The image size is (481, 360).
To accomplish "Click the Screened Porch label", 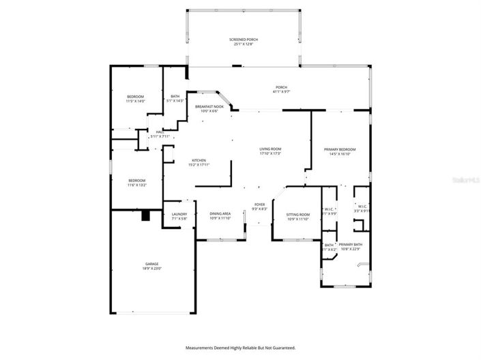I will pos(243,40).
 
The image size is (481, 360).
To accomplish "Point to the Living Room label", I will pos(270,149).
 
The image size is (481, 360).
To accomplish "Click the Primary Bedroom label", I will pos(339,149).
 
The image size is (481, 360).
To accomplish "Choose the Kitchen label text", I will pos(199,160).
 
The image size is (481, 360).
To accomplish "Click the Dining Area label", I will pos(220,214).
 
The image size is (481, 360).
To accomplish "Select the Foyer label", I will pos(259,205).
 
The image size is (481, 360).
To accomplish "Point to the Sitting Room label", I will pos(299,215).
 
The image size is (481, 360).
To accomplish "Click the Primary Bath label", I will pos(350,244).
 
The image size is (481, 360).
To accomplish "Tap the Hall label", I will pos(159,132).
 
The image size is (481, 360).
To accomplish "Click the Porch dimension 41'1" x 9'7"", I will pos(281,91).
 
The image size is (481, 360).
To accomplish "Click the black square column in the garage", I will pos(145,216).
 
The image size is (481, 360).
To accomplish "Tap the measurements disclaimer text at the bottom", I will pos(240,348).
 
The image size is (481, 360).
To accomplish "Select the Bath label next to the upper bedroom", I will pos(175,96).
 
